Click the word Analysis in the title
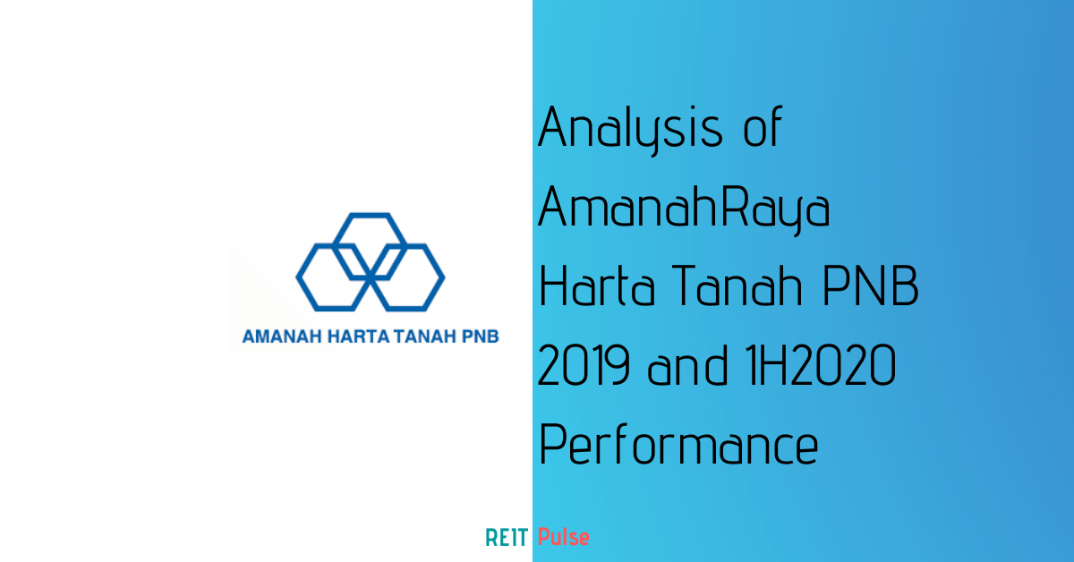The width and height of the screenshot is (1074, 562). [x=630, y=130]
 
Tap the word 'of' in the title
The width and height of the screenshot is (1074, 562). [x=763, y=126]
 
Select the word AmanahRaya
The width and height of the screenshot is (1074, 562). [x=684, y=209]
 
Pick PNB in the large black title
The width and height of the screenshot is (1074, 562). [x=871, y=285]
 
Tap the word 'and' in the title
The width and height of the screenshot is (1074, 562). [x=687, y=365]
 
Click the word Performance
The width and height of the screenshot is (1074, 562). [x=678, y=444]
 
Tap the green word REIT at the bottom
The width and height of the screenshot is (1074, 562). [x=507, y=538]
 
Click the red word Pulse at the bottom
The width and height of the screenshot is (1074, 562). [x=563, y=537]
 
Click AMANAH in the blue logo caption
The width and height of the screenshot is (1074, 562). [x=282, y=336]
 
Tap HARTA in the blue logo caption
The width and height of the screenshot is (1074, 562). [x=358, y=336]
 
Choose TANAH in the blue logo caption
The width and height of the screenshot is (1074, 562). [x=425, y=336]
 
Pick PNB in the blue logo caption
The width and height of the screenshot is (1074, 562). [x=480, y=336]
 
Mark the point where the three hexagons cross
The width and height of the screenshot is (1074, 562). [x=371, y=277]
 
